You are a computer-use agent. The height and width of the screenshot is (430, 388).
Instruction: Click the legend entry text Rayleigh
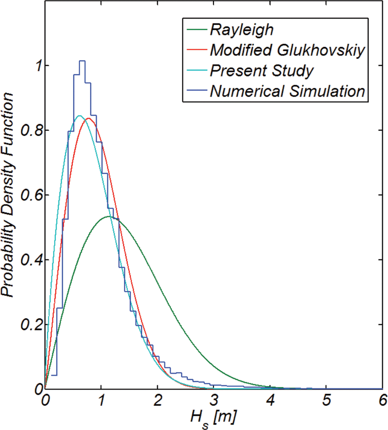pyautogui.click(x=242, y=30)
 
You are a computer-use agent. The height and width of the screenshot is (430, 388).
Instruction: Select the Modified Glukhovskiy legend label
pyautogui.click(x=287, y=50)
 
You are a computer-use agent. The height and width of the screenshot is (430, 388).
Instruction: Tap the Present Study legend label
pyautogui.click(x=262, y=71)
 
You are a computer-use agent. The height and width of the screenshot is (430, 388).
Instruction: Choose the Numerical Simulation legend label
pyautogui.click(x=287, y=91)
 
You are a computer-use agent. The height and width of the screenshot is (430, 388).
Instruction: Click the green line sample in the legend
pyautogui.click(x=197, y=29)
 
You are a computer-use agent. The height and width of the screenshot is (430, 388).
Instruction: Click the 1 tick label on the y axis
pyautogui.click(x=38, y=66)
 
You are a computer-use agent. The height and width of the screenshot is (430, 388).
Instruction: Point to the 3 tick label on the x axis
pyautogui.click(x=214, y=400)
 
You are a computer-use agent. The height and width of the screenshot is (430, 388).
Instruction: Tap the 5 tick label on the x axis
pyautogui.click(x=326, y=400)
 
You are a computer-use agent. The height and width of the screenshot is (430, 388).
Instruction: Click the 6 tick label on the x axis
pyautogui.click(x=383, y=400)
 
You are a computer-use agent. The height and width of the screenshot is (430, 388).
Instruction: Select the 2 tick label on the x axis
pyautogui.click(x=158, y=400)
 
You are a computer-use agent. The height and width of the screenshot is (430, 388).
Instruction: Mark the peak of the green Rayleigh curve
pyautogui.click(x=109, y=216)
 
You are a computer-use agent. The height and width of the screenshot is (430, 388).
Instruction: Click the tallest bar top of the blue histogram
pyautogui.click(x=82, y=61)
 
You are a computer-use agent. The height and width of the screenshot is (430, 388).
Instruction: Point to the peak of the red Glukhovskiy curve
pyautogui.click(x=89, y=118)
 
